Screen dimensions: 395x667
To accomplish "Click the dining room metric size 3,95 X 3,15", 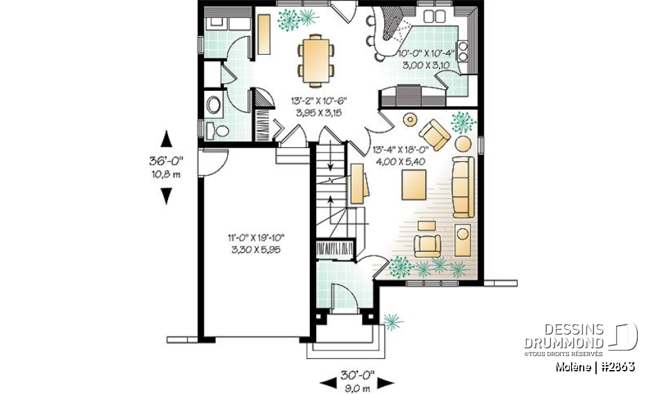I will (x=318, y=112).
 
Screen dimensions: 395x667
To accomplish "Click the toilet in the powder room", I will (x=221, y=130).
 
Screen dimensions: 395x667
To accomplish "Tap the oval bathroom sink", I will (x=214, y=104).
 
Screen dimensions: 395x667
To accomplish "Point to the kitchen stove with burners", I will (x=462, y=53).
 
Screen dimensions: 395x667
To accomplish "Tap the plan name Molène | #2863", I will (x=594, y=367).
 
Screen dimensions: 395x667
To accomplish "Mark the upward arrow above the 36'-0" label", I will (x=165, y=139).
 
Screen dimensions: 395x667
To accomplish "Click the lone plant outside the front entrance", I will (x=392, y=321).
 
